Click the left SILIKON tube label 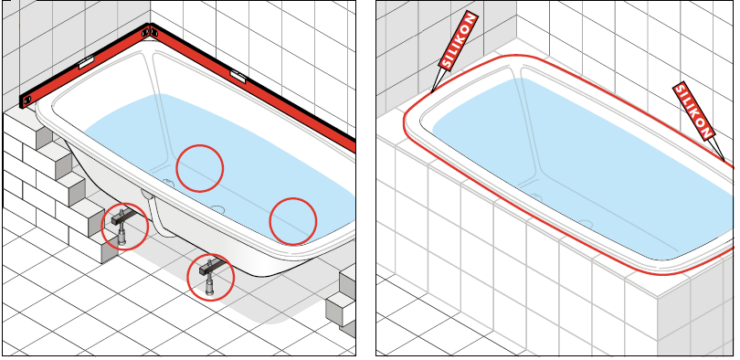(459, 41)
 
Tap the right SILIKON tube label (693, 111)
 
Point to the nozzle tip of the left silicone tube (432, 91)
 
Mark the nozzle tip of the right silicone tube (724, 161)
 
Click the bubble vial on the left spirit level (87, 62)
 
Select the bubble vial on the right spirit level (238, 76)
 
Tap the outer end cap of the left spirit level (25, 101)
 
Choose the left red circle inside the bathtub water (200, 168)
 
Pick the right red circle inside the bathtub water (292, 221)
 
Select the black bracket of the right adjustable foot (210, 269)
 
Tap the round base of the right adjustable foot (210, 293)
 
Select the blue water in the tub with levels (222, 165)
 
